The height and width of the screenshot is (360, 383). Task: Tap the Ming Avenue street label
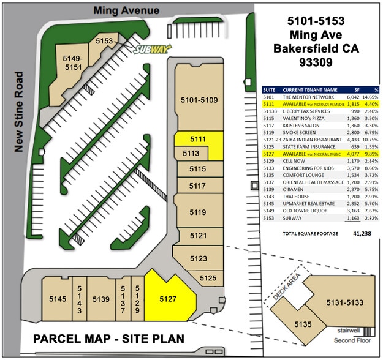click(126, 10)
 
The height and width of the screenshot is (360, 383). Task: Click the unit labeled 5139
click(100, 299)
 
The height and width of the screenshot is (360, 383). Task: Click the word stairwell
click(348, 330)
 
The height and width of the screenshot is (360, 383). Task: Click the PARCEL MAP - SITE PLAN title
click(108, 339)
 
